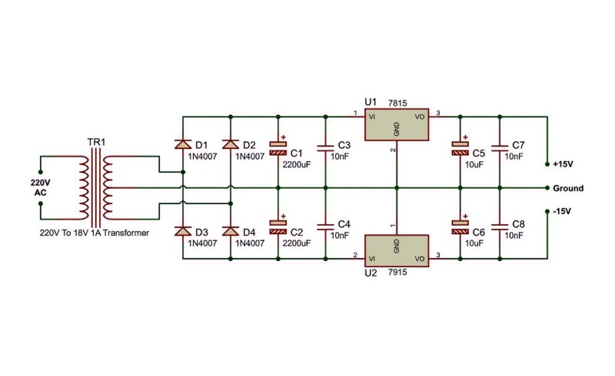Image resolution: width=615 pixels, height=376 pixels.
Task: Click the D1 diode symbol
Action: tap(183, 144)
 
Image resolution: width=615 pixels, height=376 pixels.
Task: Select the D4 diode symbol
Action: tap(230, 231)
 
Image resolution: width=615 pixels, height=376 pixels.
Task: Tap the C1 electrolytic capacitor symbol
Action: tap(278, 148)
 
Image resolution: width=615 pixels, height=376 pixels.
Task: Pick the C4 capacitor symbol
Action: tap(325, 227)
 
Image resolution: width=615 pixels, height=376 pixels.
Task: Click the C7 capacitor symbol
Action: tap(500, 148)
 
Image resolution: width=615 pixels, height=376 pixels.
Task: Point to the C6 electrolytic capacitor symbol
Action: tap(460, 227)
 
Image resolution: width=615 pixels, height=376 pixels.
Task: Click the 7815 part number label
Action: tap(397, 104)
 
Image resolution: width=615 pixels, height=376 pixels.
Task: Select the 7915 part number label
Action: tap(397, 272)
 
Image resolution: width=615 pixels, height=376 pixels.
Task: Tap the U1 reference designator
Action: tap(371, 102)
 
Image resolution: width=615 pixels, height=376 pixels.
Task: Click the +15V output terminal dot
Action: tap(547, 164)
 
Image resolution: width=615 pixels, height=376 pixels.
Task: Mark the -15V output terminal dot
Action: tap(547, 212)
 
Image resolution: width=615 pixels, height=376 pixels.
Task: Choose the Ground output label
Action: tap(568, 189)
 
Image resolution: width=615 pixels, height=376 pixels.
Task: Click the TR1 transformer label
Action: tap(96, 142)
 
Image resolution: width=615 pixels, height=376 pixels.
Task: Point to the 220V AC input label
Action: tap(41, 187)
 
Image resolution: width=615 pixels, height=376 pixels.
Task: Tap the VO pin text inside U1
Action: tap(419, 117)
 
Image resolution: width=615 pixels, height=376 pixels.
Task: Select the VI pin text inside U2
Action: tap(372, 259)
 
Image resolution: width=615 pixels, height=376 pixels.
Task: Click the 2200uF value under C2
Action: tap(297, 243)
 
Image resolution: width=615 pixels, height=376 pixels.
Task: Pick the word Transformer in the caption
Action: tap(126, 233)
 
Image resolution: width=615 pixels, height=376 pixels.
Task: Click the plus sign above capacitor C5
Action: tap(465, 137)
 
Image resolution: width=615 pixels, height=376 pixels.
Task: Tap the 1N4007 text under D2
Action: tap(250, 157)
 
